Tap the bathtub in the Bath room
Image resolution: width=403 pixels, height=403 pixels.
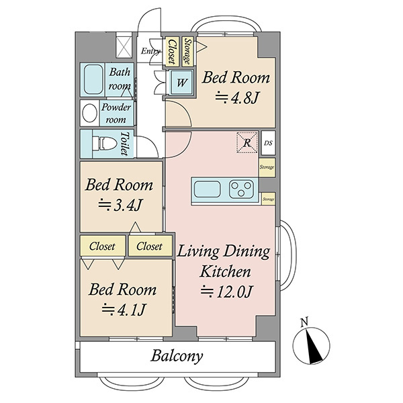(x=93, y=79)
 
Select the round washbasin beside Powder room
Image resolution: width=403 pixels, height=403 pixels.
(x=89, y=113)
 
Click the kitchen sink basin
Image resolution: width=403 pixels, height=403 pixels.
(x=207, y=189)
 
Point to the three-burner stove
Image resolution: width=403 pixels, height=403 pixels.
(x=241, y=189)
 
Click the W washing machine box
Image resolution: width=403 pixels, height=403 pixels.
(x=182, y=83)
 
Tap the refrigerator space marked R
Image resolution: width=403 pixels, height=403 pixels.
(x=247, y=142)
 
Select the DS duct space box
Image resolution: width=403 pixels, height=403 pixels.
(x=268, y=143)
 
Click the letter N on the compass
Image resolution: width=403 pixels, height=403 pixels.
(x=304, y=322)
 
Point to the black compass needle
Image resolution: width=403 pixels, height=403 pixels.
(x=313, y=346)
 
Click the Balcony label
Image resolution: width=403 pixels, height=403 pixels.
(x=177, y=356)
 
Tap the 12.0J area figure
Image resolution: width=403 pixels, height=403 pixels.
(x=227, y=292)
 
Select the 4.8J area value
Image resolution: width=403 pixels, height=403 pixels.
(x=236, y=98)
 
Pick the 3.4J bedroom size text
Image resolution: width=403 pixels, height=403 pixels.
(x=120, y=205)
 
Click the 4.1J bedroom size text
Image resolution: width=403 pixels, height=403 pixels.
(x=124, y=310)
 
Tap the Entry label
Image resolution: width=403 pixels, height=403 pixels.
(x=150, y=51)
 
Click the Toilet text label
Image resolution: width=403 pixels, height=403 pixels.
(x=125, y=144)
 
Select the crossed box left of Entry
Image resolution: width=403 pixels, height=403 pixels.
(x=124, y=48)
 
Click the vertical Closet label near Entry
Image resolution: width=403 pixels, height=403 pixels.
(x=172, y=52)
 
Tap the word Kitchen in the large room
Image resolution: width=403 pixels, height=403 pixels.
(x=225, y=271)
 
